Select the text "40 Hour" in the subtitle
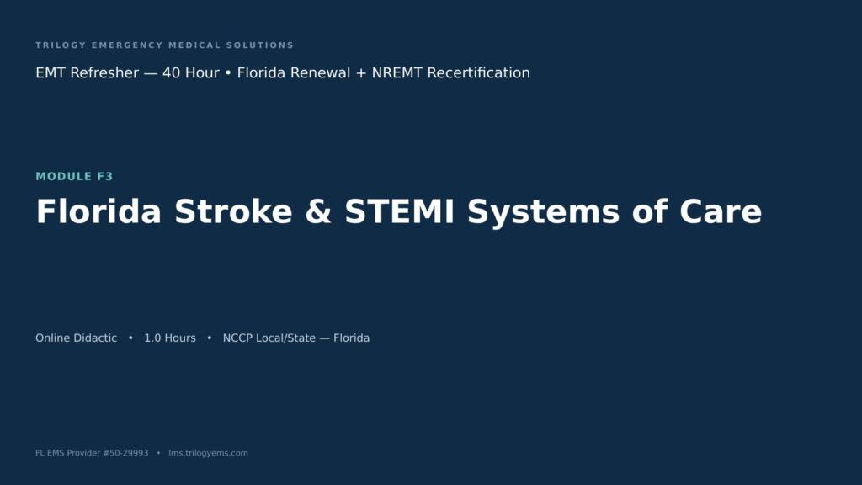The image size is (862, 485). pyautogui.click(x=191, y=72)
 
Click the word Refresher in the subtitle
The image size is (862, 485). pyautogui.click(x=104, y=72)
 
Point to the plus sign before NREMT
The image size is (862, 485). pyautogui.click(x=361, y=73)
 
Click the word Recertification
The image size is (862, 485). pyautogui.click(x=478, y=72)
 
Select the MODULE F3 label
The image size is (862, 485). pyautogui.click(x=74, y=176)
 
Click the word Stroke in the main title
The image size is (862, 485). pyautogui.click(x=234, y=211)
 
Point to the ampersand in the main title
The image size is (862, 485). pyautogui.click(x=318, y=211)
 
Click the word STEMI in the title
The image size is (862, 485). pyautogui.click(x=400, y=211)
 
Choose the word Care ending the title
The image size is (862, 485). pyautogui.click(x=721, y=211)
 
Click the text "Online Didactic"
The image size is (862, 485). pyautogui.click(x=77, y=338)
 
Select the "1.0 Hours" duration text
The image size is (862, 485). pyautogui.click(x=170, y=338)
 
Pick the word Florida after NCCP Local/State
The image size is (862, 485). pyautogui.click(x=351, y=338)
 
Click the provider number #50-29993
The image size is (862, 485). pyautogui.click(x=125, y=453)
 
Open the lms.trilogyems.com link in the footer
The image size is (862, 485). pyautogui.click(x=209, y=453)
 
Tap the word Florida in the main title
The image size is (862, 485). pyautogui.click(x=99, y=211)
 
